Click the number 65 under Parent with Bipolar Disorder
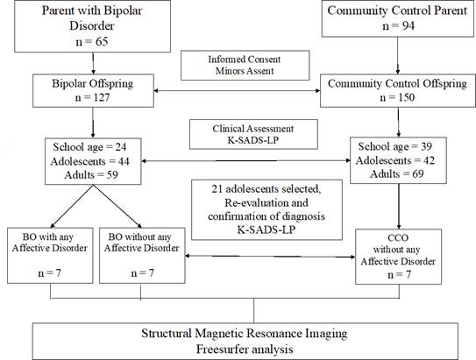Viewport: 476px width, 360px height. [x=102, y=41]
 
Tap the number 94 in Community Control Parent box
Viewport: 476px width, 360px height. [x=408, y=25]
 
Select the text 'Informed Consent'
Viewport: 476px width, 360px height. [x=245, y=60]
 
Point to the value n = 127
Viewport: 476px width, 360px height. [x=92, y=97]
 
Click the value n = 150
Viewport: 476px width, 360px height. [x=397, y=97]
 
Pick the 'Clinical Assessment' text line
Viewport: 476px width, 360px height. [x=252, y=129]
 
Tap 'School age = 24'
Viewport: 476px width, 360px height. [x=89, y=147]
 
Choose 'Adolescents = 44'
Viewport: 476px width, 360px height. [x=90, y=161]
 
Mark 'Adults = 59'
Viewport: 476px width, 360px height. [x=91, y=175]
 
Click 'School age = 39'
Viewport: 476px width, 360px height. [x=395, y=146]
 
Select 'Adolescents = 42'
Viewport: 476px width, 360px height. [x=395, y=160]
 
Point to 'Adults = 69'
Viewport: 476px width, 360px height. [x=397, y=174]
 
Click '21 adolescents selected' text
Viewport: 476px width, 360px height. [x=266, y=189]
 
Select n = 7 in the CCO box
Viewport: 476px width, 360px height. [x=399, y=275]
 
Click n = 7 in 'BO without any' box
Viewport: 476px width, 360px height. [x=142, y=273]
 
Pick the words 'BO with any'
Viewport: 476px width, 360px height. [x=48, y=236]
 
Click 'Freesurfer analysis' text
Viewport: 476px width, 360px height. [x=245, y=349]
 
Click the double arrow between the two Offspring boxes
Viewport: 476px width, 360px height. [x=237, y=90]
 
